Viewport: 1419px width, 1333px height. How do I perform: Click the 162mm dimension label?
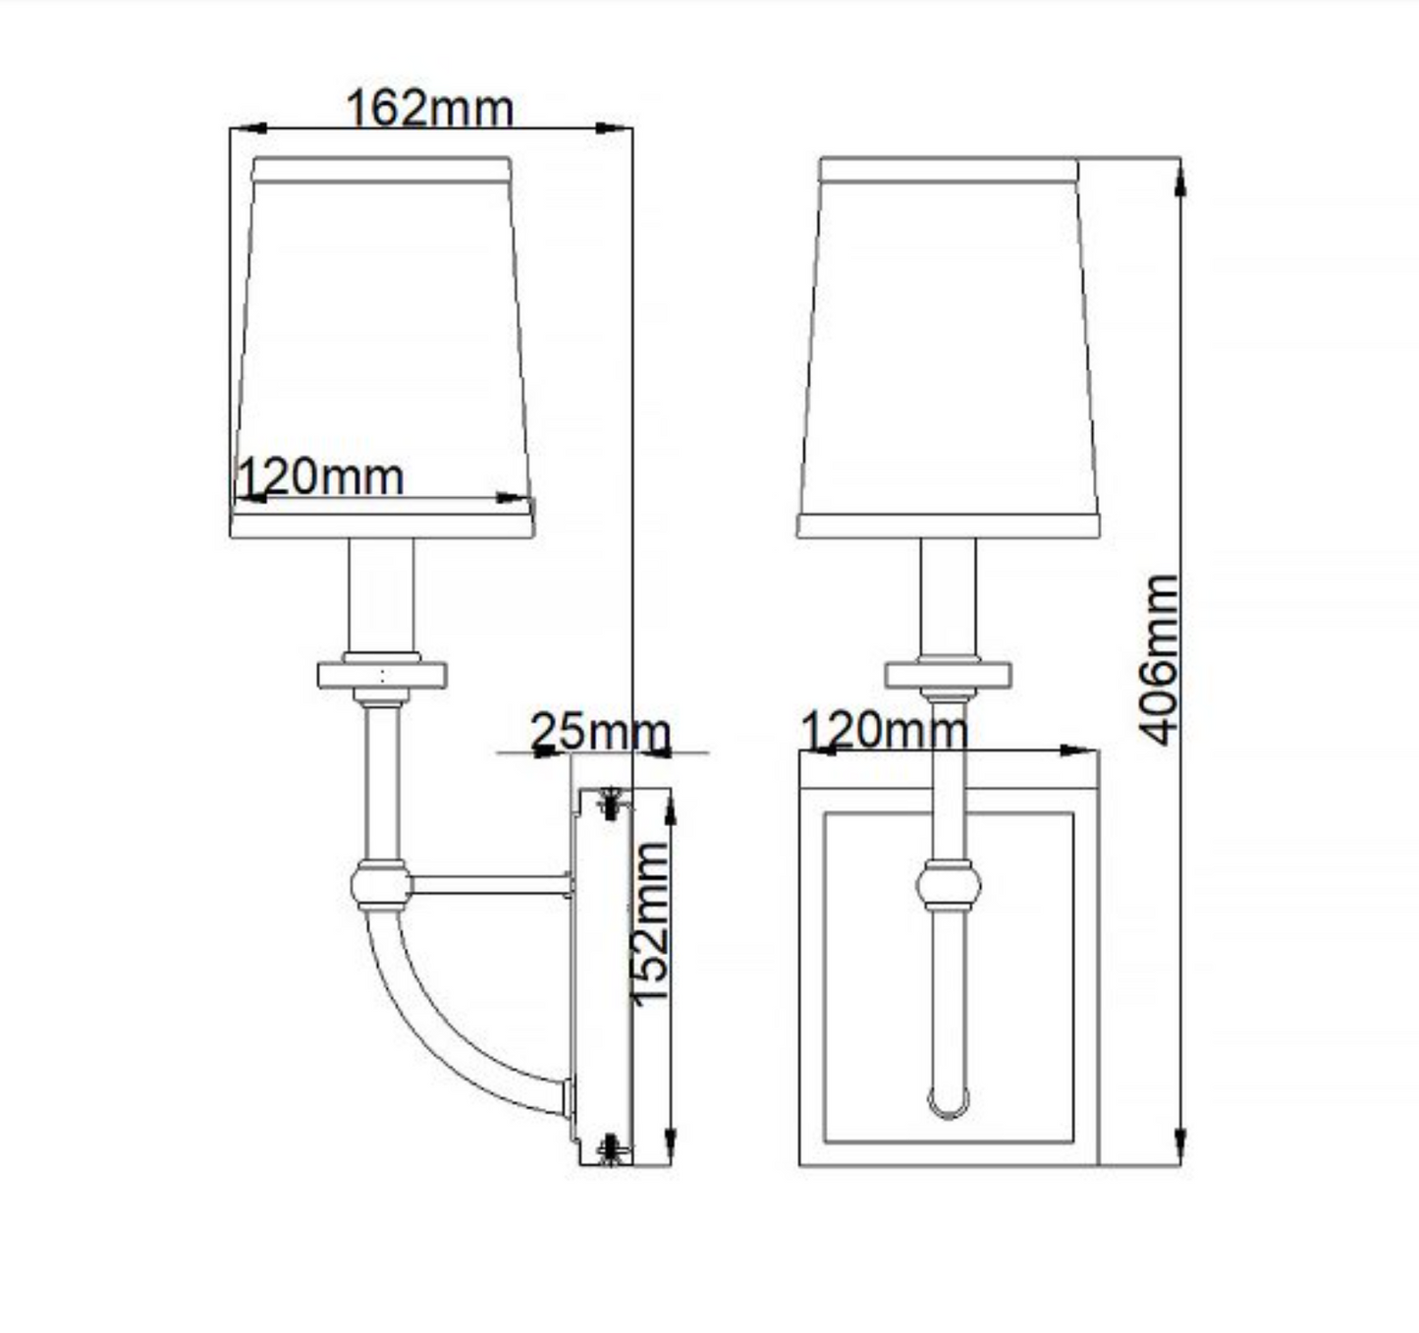point(429,108)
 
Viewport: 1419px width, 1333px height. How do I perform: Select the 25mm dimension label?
point(599,733)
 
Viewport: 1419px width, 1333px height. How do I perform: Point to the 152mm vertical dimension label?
point(649,923)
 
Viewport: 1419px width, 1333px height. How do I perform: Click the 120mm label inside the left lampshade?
point(320,478)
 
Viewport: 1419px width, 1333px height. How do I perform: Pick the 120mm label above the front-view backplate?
point(884,730)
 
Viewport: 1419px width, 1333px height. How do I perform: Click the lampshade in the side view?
point(382,334)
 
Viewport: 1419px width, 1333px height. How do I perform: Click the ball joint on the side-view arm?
point(381,884)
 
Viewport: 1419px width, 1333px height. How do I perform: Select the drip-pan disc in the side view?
point(381,676)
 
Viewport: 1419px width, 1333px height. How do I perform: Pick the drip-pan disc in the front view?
point(948,676)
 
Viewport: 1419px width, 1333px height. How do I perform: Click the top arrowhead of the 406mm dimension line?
point(1179,177)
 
